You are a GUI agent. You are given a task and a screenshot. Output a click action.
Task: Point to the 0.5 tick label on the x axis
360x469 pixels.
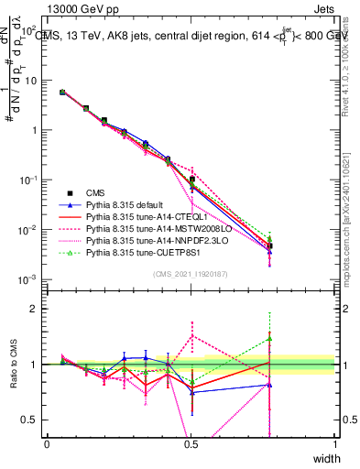(191, 444)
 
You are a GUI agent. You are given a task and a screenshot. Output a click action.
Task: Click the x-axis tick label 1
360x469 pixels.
(335, 444)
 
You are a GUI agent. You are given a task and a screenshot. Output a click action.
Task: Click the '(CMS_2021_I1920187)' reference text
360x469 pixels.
(191, 273)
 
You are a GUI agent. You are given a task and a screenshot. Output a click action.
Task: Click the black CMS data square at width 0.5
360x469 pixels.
(191, 179)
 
